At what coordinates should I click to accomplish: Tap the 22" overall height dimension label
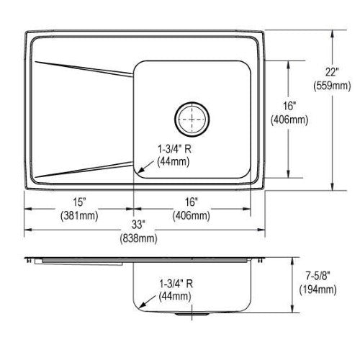point(332,72)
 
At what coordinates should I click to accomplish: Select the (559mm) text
point(332,86)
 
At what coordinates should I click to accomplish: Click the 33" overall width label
point(138,225)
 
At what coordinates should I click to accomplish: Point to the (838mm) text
point(138,238)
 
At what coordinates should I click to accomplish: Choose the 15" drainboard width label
point(79,202)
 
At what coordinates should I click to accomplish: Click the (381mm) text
point(79,215)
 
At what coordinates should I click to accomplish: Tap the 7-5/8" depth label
point(318,276)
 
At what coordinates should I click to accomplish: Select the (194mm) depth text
point(318,289)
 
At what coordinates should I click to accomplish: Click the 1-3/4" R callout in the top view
point(174,149)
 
